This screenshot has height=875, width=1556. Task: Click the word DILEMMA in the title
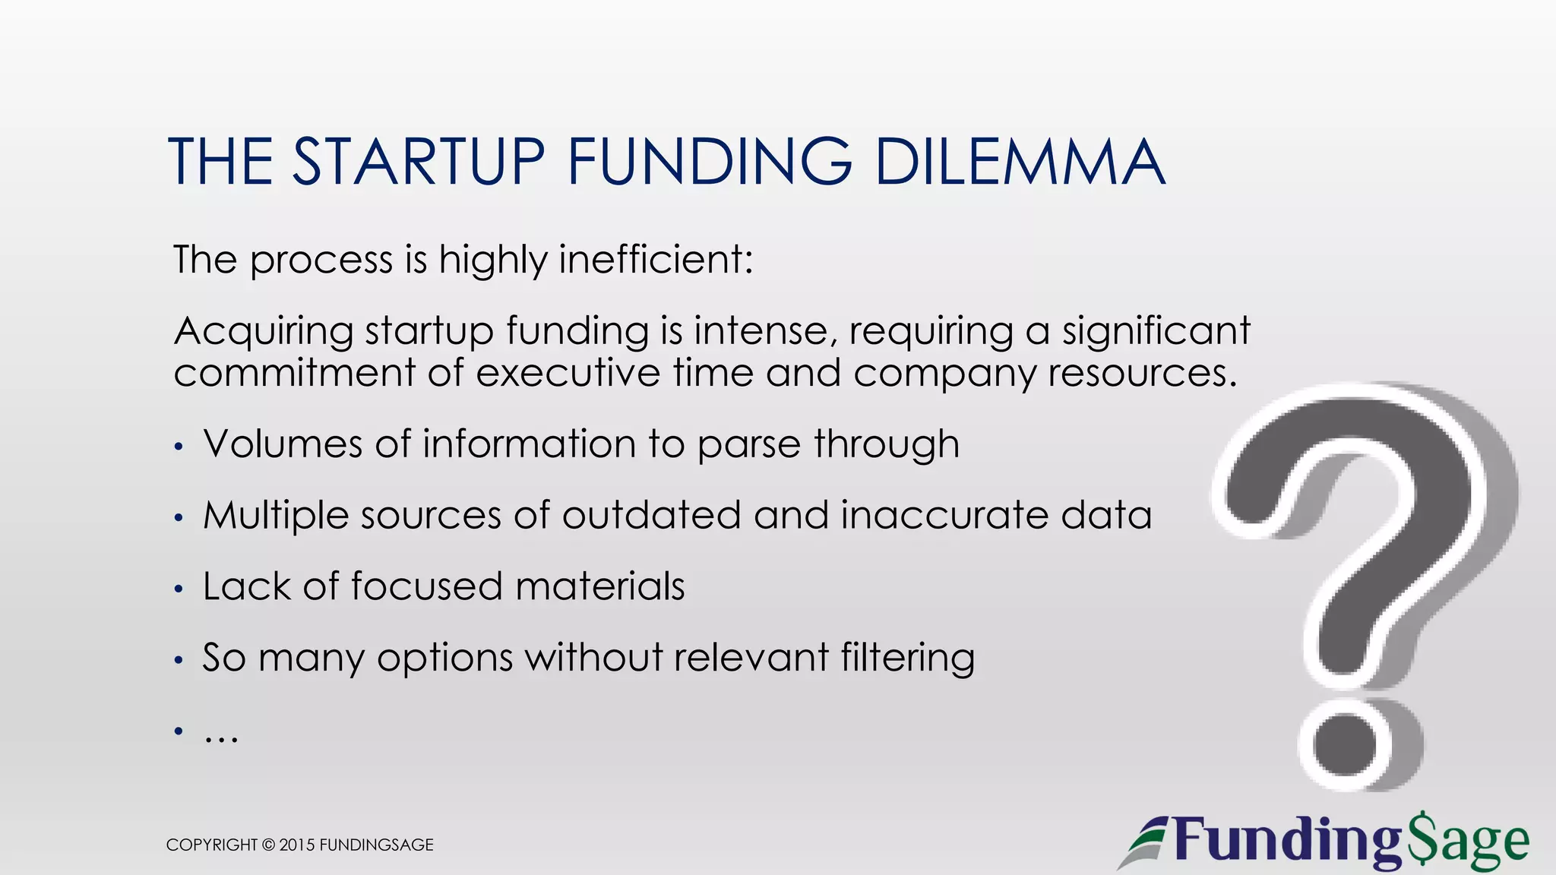point(1020,162)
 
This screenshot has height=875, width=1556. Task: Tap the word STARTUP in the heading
point(419,162)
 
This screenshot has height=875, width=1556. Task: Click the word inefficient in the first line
point(656,260)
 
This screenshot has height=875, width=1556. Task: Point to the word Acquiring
point(264,332)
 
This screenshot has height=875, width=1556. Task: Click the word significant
point(1156,332)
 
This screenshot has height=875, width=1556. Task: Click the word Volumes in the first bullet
point(283,444)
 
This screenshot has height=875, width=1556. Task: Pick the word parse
point(748,445)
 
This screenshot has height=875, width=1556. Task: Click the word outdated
point(651,515)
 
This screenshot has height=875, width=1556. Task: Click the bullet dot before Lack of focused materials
point(179,589)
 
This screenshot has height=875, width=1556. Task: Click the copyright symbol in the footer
point(268,845)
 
